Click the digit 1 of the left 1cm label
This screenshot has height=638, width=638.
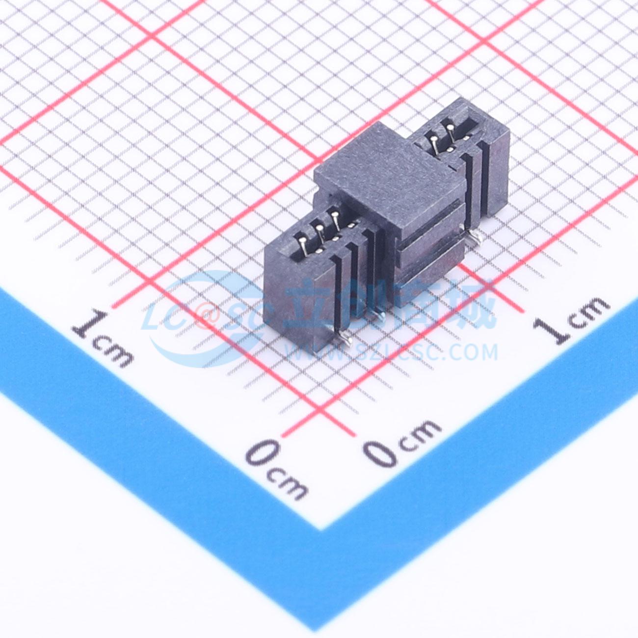(x=89, y=323)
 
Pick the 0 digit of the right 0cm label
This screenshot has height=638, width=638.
(x=381, y=452)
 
